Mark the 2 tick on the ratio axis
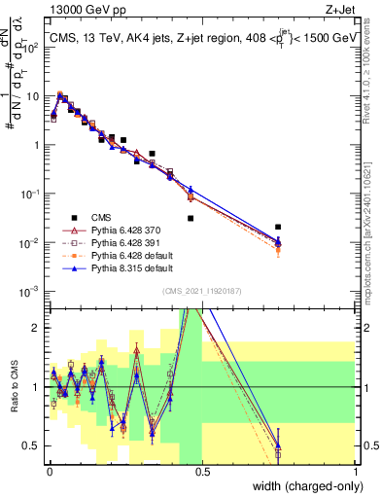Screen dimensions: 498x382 [x=39, y=328]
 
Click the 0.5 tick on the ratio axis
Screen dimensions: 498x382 [x=35, y=445]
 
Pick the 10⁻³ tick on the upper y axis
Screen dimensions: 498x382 [x=33, y=291]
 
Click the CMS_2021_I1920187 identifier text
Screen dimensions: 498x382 [x=202, y=291]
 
